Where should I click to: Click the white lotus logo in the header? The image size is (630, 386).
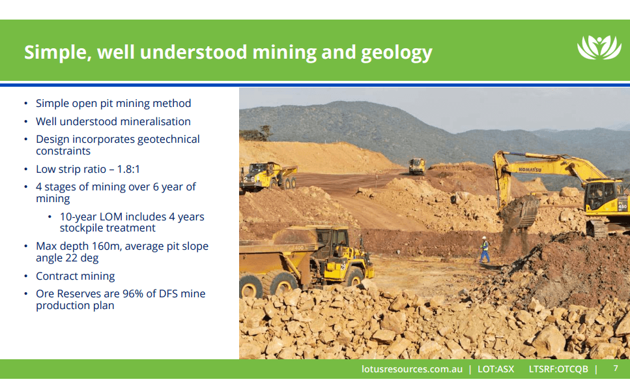pos(599,48)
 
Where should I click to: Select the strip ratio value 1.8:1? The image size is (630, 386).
pos(128,169)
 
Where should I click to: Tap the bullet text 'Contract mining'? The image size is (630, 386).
pos(75,276)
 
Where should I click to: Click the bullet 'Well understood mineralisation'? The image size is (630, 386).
pos(113,121)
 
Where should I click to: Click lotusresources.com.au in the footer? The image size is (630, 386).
pos(412,369)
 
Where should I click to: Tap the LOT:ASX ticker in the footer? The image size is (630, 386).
pos(495,369)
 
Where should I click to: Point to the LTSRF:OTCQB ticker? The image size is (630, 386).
pos(558,369)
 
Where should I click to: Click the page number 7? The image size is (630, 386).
pos(616,368)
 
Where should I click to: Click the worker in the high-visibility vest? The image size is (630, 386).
pos(484,250)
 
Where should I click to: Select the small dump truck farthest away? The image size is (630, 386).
pos(417,166)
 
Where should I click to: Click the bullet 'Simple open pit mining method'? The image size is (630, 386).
pos(113,103)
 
